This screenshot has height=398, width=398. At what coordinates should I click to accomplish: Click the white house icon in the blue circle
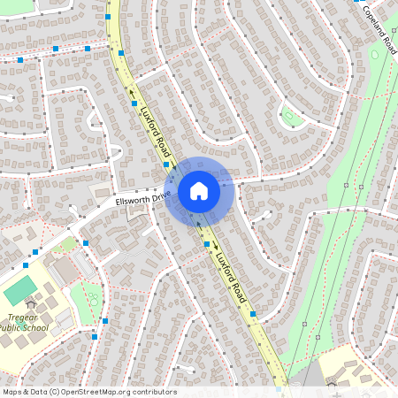click(199, 190)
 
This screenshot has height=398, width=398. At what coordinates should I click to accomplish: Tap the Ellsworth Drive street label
click(142, 200)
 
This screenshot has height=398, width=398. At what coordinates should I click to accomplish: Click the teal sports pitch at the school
click(20, 288)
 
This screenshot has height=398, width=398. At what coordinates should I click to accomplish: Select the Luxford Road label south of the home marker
click(230, 274)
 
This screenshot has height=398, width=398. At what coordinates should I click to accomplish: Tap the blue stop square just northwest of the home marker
click(166, 165)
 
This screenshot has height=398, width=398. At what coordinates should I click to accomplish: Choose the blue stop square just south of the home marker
click(207, 244)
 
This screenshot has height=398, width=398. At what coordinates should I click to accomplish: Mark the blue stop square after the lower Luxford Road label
click(254, 313)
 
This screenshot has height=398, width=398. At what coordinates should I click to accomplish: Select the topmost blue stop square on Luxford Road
click(108, 17)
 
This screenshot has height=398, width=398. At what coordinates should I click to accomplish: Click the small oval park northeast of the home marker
click(290, 117)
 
